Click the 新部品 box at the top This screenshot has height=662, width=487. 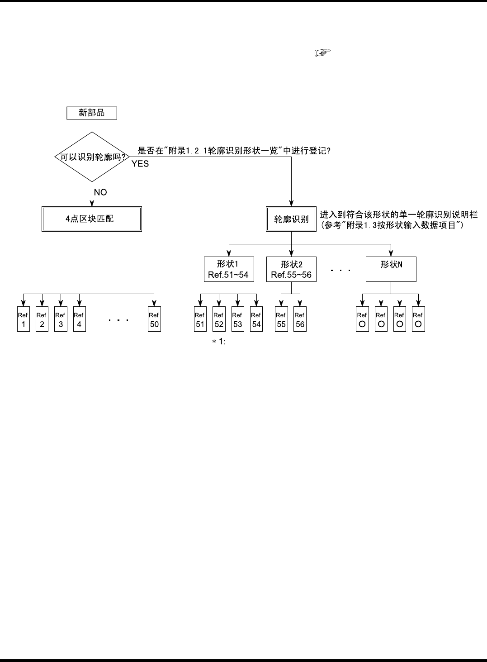coord(92,113)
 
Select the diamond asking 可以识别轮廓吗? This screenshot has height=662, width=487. coord(92,157)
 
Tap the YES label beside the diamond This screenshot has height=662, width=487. coord(140,164)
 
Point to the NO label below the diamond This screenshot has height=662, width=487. coord(100,192)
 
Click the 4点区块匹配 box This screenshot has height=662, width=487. coord(92,219)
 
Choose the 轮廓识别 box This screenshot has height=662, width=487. coord(291,219)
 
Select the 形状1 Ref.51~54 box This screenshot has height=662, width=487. coord(228,269)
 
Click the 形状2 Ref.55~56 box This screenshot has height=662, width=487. coord(291,269)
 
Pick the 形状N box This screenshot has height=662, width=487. coord(391,269)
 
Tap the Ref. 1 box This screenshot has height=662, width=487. coord(24,319)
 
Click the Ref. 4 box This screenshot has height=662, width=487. coord(80,319)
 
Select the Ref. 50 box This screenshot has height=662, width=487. coord(155,319)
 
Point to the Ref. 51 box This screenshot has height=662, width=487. coord(200,319)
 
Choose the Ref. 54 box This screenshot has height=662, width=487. coord(256,319)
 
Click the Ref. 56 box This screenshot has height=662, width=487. coord(300,319)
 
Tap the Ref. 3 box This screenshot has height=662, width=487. coord(61,319)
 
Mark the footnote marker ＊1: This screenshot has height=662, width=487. coord(219,342)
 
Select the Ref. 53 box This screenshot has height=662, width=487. coord(238,319)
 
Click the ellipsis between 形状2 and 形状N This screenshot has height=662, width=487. coord(340,270)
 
